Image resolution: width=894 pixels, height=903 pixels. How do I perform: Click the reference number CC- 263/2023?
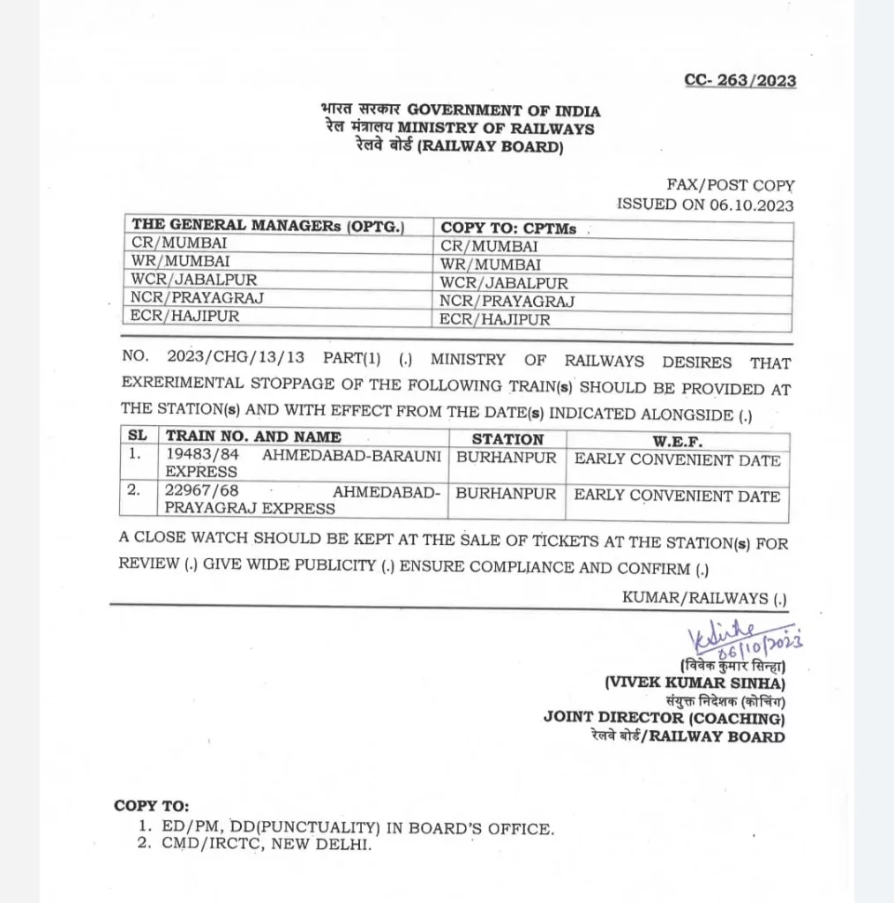(740, 81)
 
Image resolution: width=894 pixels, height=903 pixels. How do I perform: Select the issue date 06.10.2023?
(751, 205)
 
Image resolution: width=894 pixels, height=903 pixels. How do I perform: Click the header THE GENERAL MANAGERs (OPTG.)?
(267, 226)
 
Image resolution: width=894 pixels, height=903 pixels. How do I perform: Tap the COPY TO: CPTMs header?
(508, 228)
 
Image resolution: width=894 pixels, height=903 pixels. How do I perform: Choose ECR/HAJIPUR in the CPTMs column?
(495, 320)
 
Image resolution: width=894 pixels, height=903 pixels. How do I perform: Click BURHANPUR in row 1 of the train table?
(506, 459)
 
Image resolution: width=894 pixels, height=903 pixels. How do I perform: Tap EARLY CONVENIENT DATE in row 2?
(677, 496)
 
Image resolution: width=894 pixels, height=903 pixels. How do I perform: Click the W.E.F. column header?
(677, 439)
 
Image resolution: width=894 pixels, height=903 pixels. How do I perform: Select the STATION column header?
(507, 439)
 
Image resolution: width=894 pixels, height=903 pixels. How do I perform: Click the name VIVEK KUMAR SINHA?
(695, 683)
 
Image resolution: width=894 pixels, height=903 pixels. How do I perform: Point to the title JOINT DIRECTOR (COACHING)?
(664, 719)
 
